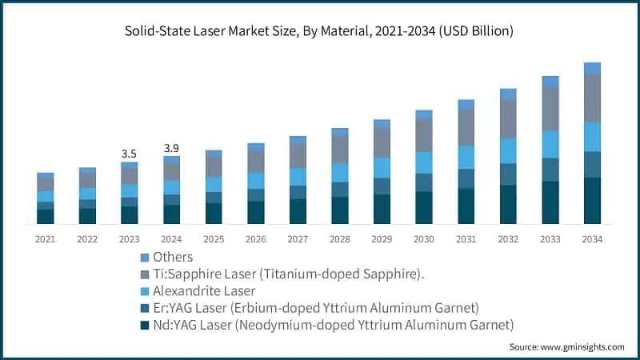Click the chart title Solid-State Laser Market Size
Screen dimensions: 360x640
319,31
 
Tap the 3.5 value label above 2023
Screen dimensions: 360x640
129,153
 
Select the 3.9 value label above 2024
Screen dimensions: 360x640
171,148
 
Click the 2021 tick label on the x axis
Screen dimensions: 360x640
45,238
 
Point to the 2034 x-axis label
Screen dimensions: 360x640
592,238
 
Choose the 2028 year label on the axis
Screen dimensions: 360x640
340,238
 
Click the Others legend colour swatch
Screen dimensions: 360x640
144,258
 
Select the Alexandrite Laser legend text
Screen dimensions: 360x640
205,290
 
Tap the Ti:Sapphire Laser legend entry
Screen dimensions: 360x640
287,274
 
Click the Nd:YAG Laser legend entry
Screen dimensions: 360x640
328,324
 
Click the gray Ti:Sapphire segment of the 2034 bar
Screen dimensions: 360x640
592,98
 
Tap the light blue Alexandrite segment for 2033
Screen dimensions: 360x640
550,144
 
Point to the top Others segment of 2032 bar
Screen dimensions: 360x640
508,94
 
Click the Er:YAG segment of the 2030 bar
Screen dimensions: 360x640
424,182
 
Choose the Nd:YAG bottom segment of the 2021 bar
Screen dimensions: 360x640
45,216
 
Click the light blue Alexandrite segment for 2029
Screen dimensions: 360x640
382,167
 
